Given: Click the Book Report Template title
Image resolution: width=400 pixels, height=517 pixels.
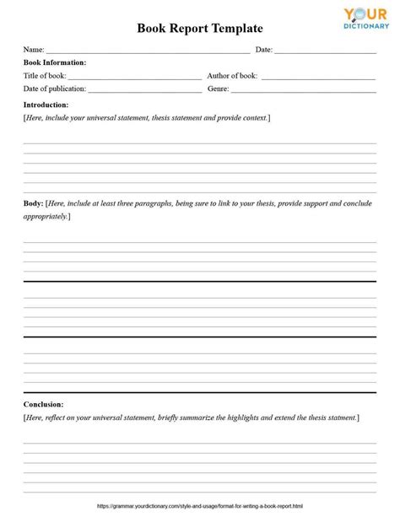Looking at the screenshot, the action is pyautogui.click(x=200, y=28).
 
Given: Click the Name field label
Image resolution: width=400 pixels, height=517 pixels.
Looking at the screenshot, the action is pyautogui.click(x=33, y=50).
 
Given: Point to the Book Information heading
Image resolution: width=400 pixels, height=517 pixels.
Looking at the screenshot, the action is pyautogui.click(x=55, y=62).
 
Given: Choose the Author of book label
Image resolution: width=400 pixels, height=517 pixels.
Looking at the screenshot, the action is pyautogui.click(x=233, y=76).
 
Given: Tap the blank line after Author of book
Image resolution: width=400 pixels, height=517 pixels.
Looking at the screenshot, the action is pyautogui.click(x=318, y=78).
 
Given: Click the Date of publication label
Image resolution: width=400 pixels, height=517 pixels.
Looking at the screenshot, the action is pyautogui.click(x=54, y=89).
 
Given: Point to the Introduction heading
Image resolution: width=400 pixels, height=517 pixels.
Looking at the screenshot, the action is pyautogui.click(x=46, y=105).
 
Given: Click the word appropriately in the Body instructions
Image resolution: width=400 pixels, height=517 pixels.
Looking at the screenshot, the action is pyautogui.click(x=46, y=217).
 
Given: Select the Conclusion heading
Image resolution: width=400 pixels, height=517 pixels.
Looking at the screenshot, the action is pyautogui.click(x=44, y=404).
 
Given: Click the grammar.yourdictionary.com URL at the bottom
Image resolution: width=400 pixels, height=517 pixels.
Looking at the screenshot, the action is pyautogui.click(x=200, y=506).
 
